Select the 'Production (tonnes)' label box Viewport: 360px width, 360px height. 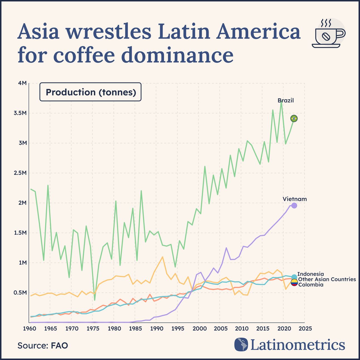coord(91,92)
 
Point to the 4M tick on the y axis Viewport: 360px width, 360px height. coord(22,83)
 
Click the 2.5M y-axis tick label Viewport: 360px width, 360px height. coord(20,173)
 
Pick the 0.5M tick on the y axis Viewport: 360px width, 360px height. coord(20,293)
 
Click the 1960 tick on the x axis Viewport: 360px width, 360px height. coord(29,328)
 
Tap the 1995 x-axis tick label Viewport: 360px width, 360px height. coord(177,328)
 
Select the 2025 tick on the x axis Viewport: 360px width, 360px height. coord(305,328)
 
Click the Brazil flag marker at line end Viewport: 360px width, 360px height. coord(294,119)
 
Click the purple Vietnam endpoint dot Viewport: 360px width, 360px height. coord(294,206)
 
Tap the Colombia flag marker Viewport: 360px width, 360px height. coord(294,283)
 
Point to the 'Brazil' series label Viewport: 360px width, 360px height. coord(286,101)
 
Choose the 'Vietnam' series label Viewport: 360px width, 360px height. coord(295,199)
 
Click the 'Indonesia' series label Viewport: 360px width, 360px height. coord(310,274)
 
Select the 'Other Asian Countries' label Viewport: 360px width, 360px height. coord(327,279)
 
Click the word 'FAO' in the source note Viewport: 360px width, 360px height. coord(59,346)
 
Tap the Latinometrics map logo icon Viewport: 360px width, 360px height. coord(241,344)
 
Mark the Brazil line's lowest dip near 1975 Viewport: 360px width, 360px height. coord(95,300)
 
